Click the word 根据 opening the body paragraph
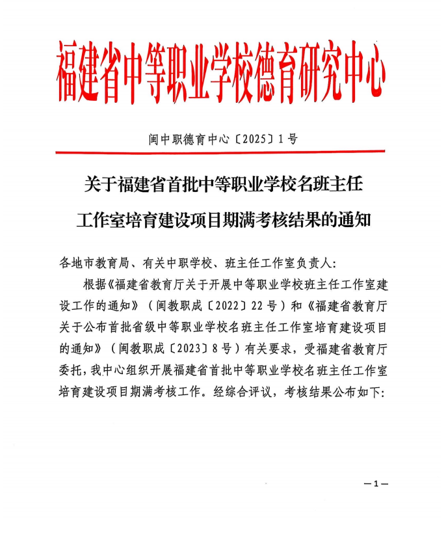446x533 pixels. click(94, 284)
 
